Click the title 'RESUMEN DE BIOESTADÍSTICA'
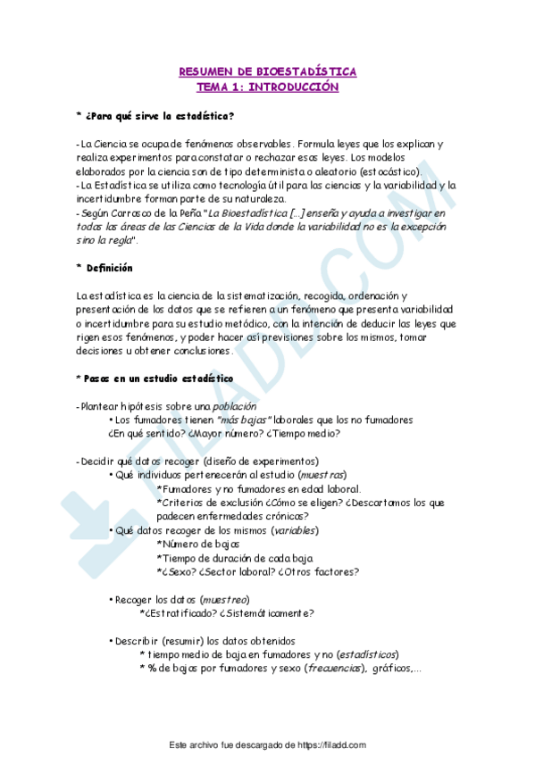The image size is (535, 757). pyautogui.click(x=267, y=71)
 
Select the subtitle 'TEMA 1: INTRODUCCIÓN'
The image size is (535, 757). pyautogui.click(x=267, y=87)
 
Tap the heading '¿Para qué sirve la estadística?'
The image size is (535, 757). pyautogui.click(x=160, y=117)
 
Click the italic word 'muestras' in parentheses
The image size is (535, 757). pyautogui.click(x=322, y=475)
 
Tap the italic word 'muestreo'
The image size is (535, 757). pyautogui.click(x=224, y=599)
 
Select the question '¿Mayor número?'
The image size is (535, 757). pyautogui.click(x=222, y=434)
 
